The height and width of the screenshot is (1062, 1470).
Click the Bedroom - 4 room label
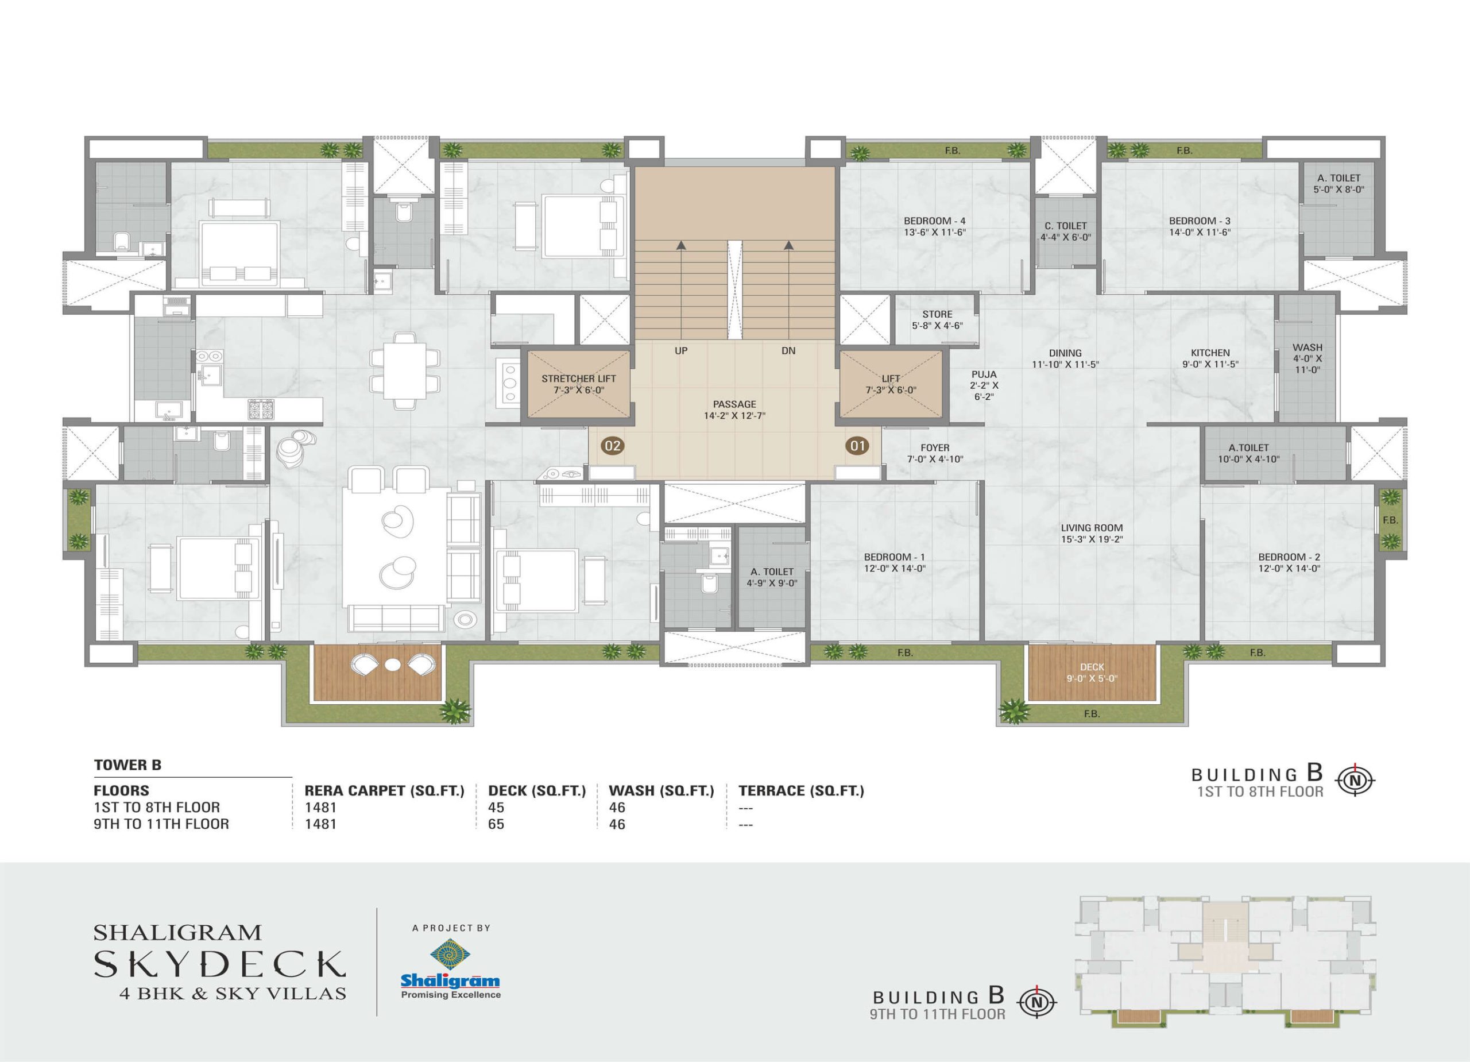coord(935,226)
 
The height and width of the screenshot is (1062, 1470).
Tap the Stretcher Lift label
coord(579,384)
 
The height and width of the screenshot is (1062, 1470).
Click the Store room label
coord(937,320)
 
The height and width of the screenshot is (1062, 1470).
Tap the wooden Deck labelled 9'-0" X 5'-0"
coord(1092,673)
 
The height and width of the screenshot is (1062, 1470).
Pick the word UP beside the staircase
coord(681,351)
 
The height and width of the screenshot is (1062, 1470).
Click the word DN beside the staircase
coord(788,351)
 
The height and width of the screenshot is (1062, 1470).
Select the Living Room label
coord(1092,533)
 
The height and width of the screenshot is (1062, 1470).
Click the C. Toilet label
coord(1066,231)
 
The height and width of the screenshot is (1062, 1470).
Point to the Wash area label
coord(1307,358)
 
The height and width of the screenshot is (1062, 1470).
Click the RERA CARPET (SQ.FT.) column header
coord(384,791)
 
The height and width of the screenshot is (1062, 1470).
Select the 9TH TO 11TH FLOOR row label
coord(161,824)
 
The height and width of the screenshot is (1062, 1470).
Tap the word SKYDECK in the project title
coord(220,965)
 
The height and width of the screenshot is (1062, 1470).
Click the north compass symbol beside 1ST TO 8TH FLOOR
coord(1355,781)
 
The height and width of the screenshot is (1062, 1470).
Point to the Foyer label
coord(935,453)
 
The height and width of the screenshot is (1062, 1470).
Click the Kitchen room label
coord(1210,358)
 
